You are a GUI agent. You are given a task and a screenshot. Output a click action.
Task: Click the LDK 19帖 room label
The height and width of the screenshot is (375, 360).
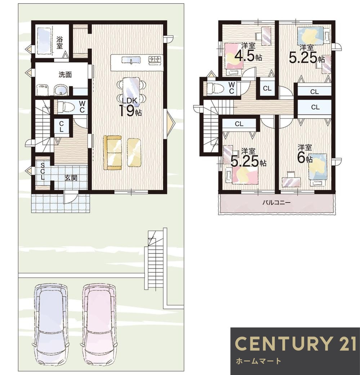(x=130, y=107)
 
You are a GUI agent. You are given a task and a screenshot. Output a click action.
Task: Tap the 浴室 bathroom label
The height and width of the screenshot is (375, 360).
(x=59, y=43)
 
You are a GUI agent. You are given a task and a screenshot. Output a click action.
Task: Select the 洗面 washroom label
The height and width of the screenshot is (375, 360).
(x=65, y=75)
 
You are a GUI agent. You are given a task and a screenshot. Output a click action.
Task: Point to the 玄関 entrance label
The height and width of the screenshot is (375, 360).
(x=71, y=178)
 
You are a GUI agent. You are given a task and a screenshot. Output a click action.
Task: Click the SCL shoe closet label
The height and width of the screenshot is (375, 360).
(x=43, y=171)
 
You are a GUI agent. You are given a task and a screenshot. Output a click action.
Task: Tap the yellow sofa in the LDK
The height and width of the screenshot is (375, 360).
(x=112, y=153)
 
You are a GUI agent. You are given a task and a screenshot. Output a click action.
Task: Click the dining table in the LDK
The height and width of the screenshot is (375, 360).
(x=131, y=90)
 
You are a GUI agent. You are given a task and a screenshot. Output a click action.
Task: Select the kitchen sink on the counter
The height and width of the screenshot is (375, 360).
(x=131, y=60)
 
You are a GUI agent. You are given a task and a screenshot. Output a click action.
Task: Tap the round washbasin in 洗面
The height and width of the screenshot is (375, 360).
(x=61, y=90)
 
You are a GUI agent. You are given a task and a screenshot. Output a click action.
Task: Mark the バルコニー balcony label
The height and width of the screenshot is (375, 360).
(x=276, y=203)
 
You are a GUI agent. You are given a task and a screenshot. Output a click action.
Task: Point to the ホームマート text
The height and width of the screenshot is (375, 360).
(x=258, y=361)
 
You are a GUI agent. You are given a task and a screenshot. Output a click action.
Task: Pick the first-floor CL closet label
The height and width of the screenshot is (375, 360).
(x=62, y=126)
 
